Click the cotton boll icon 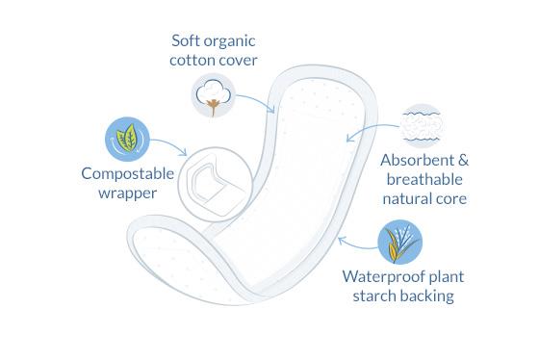pyautogui.click(x=211, y=95)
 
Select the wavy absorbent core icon pyautogui.click(x=421, y=123)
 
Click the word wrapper pyautogui.click(x=127, y=193)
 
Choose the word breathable pyautogui.click(x=424, y=179)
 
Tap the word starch pyautogui.click(x=370, y=296)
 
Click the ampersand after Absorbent pyautogui.click(x=462, y=160)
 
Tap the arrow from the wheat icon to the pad pyautogui.click(x=355, y=237)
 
